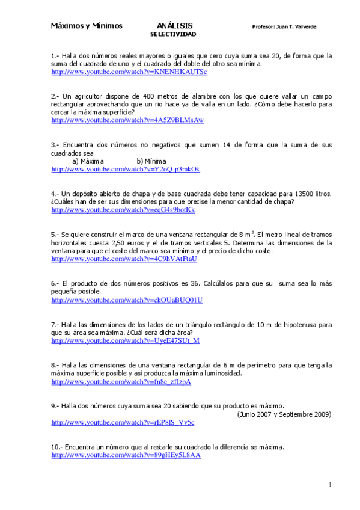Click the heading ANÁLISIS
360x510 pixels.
175,26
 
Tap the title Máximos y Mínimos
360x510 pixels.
87,26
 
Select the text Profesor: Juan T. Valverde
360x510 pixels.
285,27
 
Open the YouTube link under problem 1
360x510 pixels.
129,72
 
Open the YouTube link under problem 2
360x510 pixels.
127,120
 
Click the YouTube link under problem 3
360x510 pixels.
126,170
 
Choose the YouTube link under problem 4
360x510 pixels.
123,210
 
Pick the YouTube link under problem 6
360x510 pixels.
127,300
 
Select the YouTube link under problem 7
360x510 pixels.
126,341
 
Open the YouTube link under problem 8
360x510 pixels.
121,382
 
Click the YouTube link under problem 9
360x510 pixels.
123,423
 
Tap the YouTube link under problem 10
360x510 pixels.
126,456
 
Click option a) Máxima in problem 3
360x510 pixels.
88,162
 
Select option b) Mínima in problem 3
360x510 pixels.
151,162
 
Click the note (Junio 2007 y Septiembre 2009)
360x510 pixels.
284,414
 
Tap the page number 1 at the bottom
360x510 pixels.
330,485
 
